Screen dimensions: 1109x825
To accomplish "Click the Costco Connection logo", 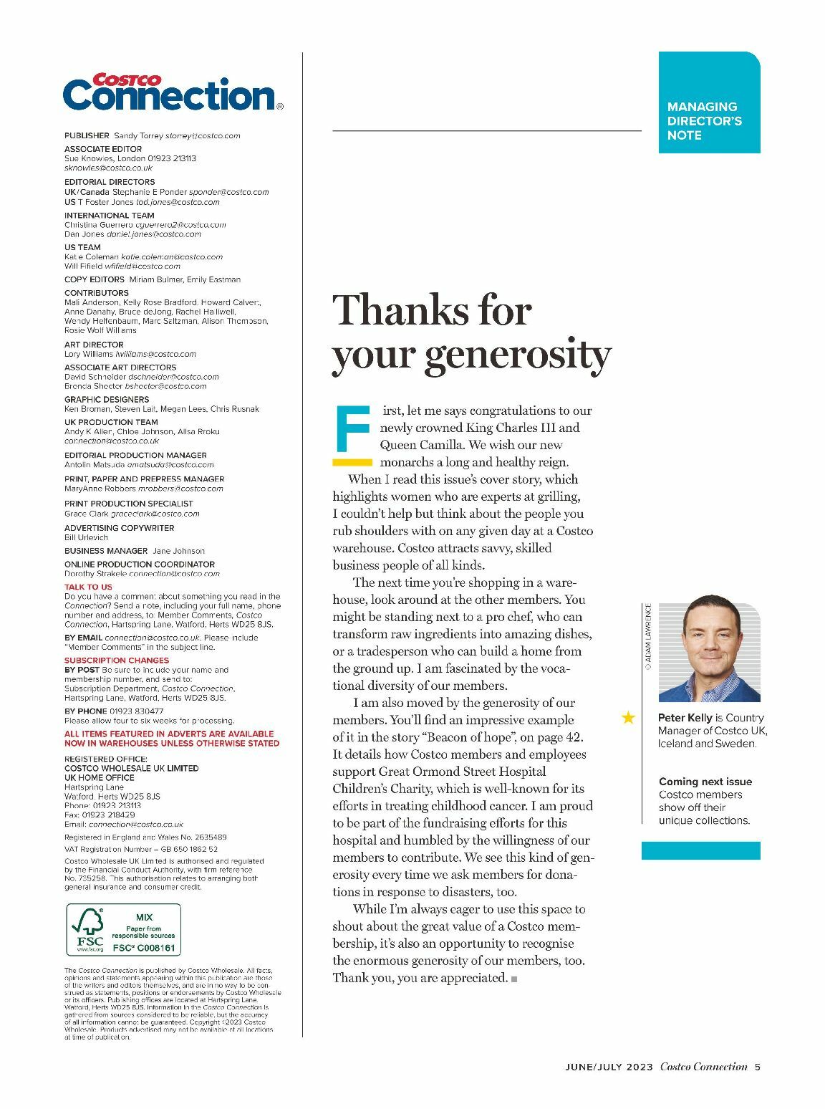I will [x=172, y=92].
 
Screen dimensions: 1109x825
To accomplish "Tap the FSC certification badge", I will [x=123, y=930].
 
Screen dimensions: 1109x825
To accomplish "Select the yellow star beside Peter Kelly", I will [x=628, y=717].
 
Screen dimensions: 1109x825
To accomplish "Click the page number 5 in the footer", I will [x=757, y=1067].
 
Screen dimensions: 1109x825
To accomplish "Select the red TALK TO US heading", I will [x=88, y=587].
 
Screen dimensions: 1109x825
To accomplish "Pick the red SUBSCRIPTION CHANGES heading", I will [x=117, y=661].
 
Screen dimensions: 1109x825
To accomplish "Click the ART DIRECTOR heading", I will [x=94, y=345].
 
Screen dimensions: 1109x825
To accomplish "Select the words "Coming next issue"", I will [x=705, y=782].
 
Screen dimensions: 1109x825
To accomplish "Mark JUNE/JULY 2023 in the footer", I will [x=609, y=1067].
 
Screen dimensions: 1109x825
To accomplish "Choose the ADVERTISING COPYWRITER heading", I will [x=119, y=528].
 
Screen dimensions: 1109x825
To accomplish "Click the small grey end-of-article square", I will [x=514, y=979].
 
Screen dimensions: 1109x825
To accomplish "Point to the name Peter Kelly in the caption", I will [x=685, y=718].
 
